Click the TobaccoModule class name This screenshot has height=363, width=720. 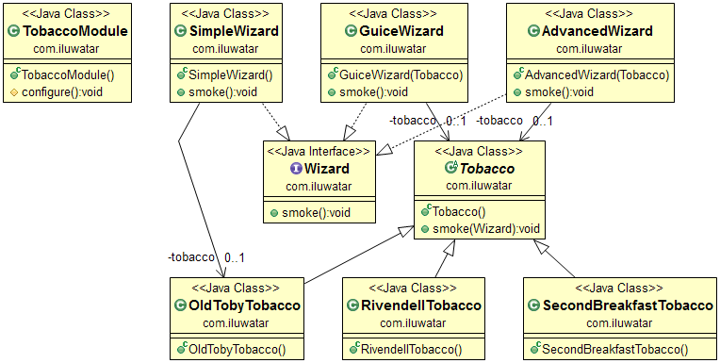coord(74,31)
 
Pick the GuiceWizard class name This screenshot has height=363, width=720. coord(397,31)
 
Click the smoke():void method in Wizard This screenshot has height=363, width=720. coord(319,212)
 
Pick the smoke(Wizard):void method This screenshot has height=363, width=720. coord(486,229)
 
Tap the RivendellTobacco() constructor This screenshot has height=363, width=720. coord(413,349)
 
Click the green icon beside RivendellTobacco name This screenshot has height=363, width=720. coord(352,305)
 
